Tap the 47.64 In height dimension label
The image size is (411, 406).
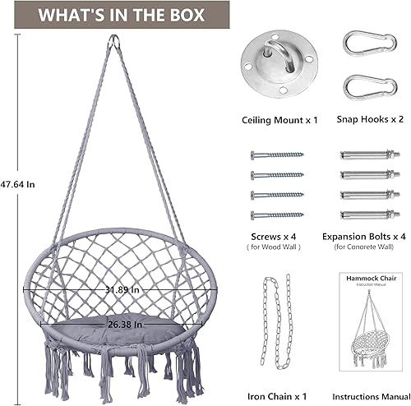pos(17,184)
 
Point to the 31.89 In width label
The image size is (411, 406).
pos(122,289)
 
